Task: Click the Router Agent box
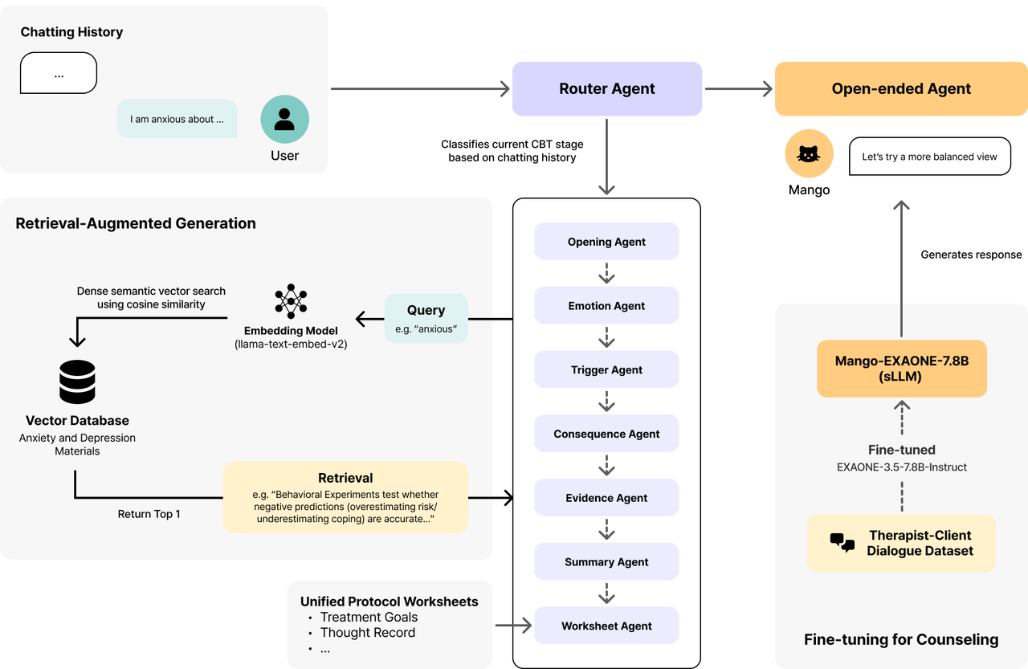(x=606, y=88)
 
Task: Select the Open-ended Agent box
(x=901, y=88)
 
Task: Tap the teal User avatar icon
(x=284, y=120)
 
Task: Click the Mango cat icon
(x=809, y=153)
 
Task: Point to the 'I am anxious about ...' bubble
(x=177, y=119)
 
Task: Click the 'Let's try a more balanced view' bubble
(x=930, y=157)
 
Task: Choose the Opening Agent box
(x=606, y=242)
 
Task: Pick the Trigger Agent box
(x=606, y=369)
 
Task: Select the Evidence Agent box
(x=606, y=497)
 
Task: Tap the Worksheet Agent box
(x=606, y=626)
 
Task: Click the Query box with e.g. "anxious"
(x=426, y=319)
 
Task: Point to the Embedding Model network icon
(x=291, y=301)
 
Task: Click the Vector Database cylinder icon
(x=77, y=381)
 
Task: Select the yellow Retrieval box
(x=345, y=497)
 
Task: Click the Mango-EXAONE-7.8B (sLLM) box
(x=902, y=369)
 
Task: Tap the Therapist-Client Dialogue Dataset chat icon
(x=842, y=543)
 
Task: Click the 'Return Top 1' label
(x=149, y=514)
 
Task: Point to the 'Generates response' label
(x=971, y=255)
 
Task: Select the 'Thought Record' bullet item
(x=368, y=632)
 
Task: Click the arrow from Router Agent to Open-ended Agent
(x=738, y=88)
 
